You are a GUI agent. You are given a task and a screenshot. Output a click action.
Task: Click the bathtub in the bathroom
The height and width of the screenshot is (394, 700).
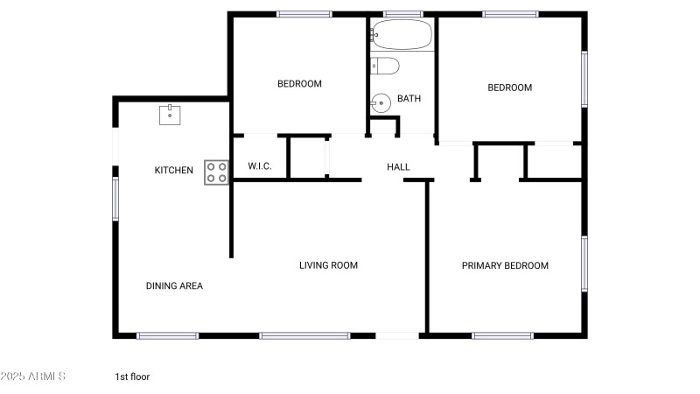402,34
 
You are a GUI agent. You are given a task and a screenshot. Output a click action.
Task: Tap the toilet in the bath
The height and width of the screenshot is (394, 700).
385,66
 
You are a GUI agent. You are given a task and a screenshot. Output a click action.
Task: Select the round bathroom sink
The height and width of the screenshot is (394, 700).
381,103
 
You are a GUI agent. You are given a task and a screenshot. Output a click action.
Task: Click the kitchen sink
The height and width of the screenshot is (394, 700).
170,115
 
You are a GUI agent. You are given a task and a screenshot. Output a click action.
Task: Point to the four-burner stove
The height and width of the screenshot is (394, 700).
216,172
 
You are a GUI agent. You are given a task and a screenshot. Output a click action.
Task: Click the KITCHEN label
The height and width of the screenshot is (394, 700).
173,170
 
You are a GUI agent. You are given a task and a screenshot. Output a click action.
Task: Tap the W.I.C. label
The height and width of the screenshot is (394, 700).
260,166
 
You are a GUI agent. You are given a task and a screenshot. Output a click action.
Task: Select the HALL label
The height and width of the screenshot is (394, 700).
398,167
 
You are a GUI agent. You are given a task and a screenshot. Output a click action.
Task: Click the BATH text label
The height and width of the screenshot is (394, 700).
409,98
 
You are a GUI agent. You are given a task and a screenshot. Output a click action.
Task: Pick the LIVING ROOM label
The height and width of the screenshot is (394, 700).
329,265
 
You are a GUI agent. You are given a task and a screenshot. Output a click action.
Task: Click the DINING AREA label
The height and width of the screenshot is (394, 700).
174,286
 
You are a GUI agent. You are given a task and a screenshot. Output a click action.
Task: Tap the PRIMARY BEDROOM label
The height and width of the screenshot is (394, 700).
505,266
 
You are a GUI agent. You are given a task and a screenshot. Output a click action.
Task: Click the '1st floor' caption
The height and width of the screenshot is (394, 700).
132,376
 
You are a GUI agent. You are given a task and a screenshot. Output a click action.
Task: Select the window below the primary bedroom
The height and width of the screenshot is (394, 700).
502,336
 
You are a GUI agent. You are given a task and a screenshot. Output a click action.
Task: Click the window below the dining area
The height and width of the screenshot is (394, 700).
167,336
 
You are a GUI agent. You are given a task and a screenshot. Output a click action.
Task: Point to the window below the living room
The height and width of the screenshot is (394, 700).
304,336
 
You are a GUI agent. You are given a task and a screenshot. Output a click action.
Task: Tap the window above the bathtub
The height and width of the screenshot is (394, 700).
402,14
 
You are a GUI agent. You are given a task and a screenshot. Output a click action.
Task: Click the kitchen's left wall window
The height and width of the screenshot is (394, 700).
115,199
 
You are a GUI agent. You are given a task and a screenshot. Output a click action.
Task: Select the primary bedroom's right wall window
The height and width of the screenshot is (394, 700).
584,264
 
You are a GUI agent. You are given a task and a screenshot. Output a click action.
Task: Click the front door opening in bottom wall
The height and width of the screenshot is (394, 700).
397,336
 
